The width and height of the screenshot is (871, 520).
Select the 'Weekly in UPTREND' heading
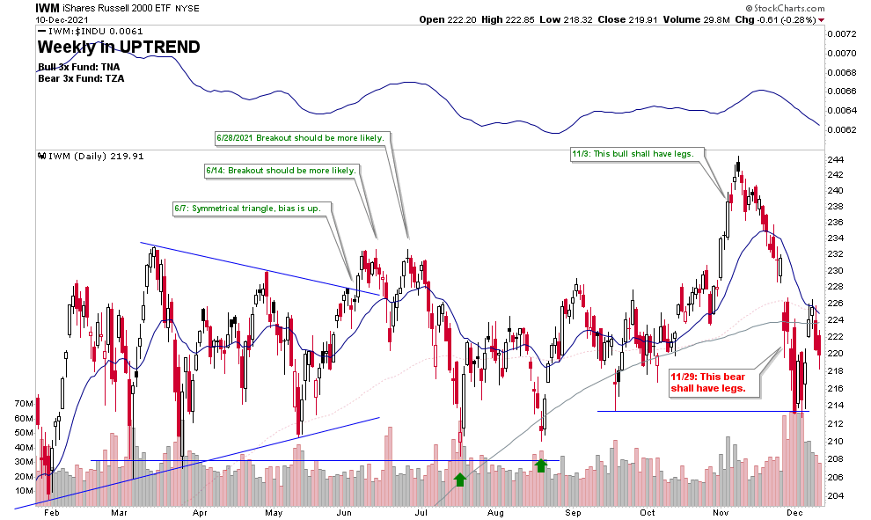point(118,47)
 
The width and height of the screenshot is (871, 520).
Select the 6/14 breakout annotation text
point(281,170)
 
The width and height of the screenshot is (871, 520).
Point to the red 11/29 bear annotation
point(708,380)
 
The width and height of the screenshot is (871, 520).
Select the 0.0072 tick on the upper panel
point(842,34)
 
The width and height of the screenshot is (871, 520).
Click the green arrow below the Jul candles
point(459,480)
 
